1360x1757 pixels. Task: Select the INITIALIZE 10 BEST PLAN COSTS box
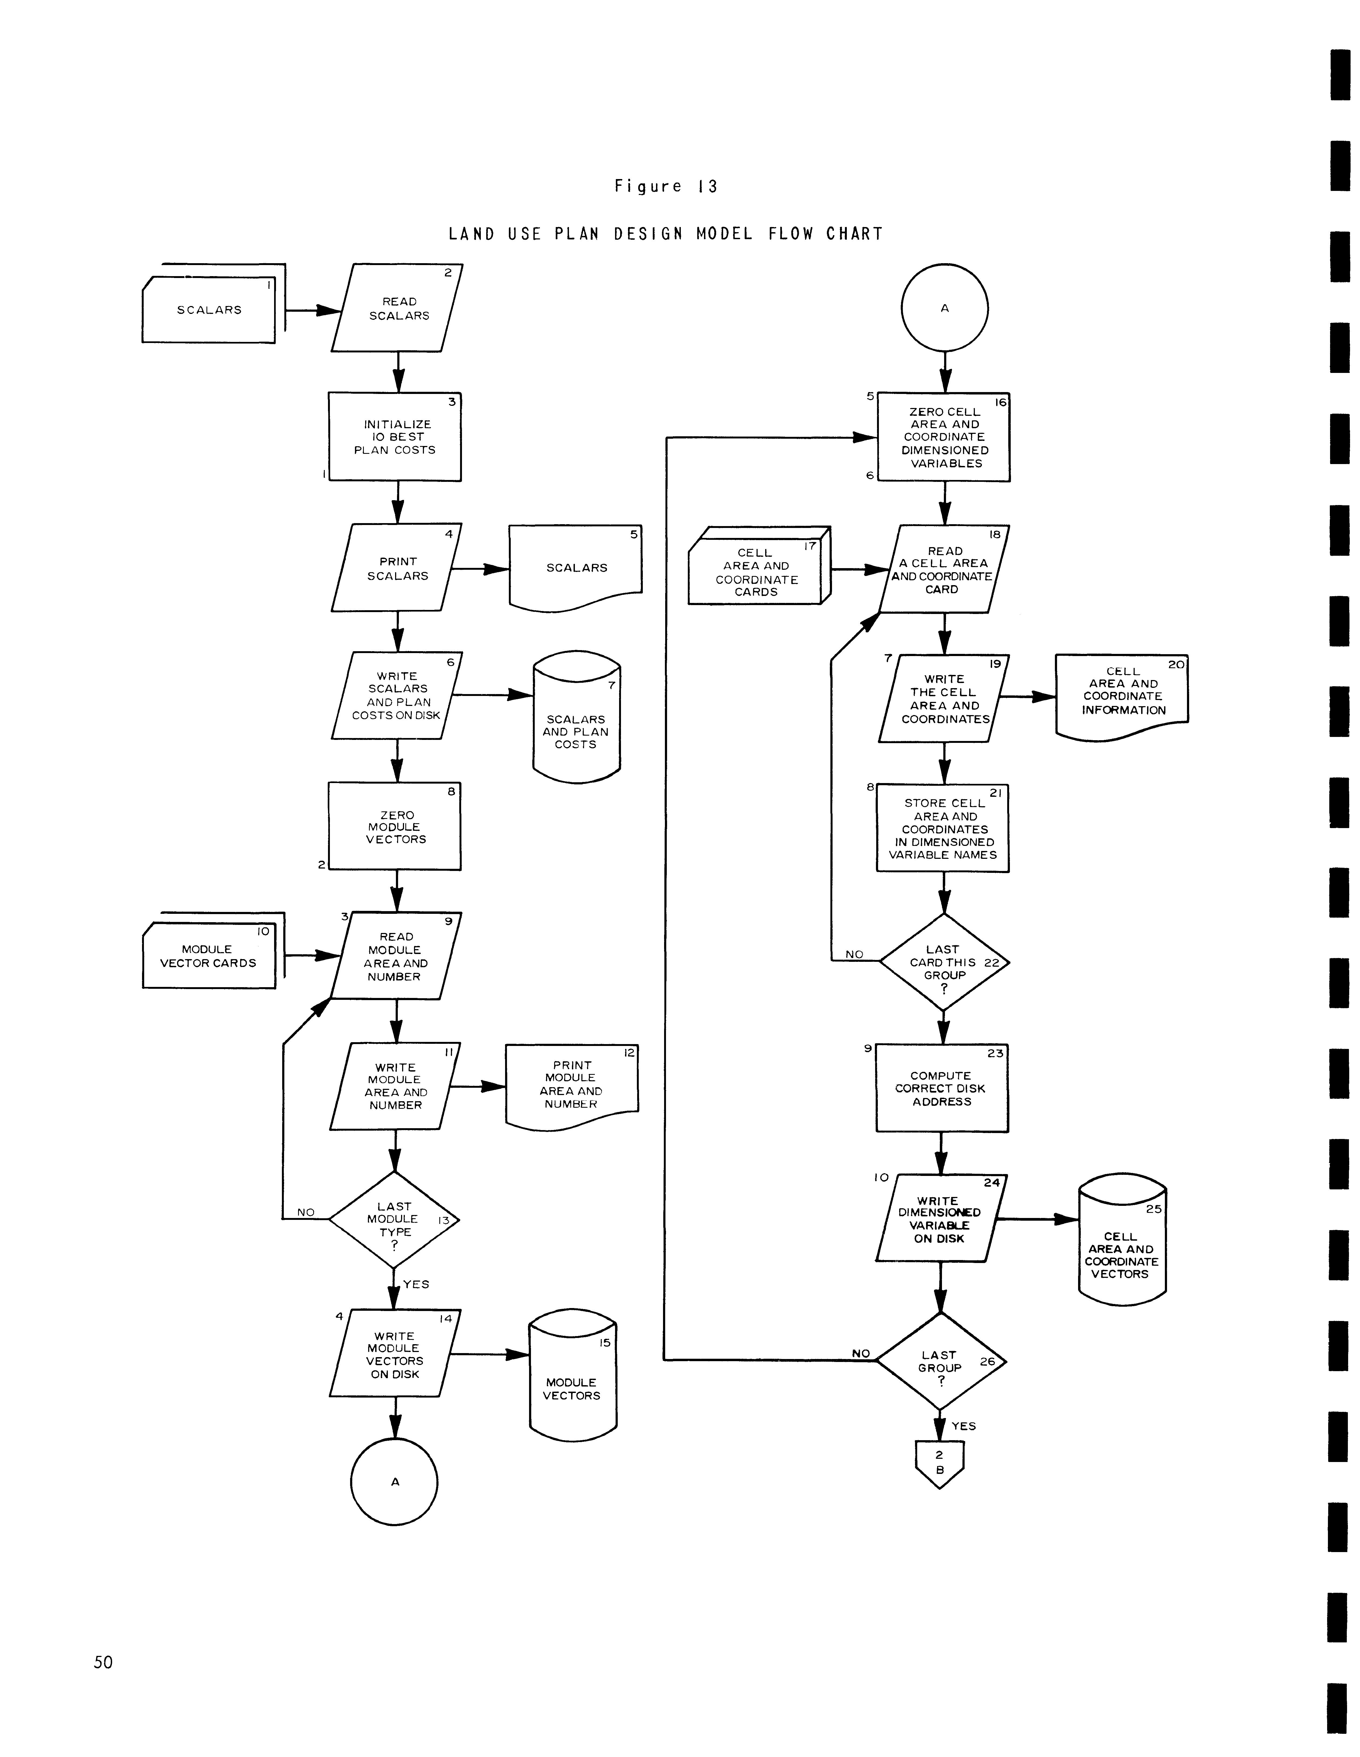395,437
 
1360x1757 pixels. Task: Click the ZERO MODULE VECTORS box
395,827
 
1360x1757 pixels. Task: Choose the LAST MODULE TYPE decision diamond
394,1220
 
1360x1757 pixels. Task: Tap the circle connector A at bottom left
395,1482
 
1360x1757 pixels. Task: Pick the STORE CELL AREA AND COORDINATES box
943,829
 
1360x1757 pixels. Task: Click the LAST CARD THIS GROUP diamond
943,962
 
